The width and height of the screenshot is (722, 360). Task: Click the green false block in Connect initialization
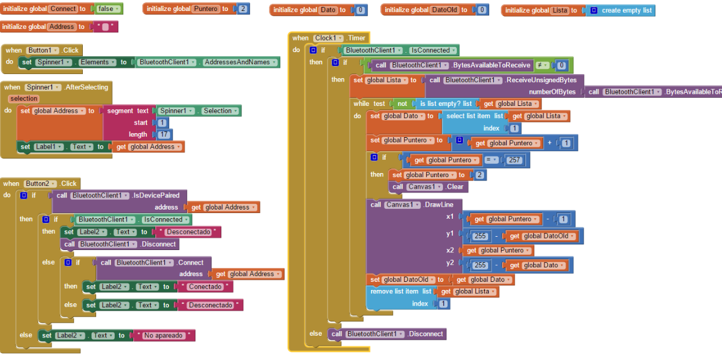[x=107, y=9]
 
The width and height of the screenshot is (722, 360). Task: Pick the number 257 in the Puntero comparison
[x=514, y=160]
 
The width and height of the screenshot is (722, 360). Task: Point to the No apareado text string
[x=164, y=336]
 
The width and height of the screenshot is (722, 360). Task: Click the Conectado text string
[x=205, y=287]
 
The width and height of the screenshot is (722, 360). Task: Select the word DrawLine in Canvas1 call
[x=439, y=205]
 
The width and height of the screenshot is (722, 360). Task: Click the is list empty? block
[x=445, y=104]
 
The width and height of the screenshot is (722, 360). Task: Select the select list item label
[x=468, y=116]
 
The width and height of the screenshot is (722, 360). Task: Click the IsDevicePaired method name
[x=156, y=196]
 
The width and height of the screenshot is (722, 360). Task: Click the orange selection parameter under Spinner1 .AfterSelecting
[x=24, y=98]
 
